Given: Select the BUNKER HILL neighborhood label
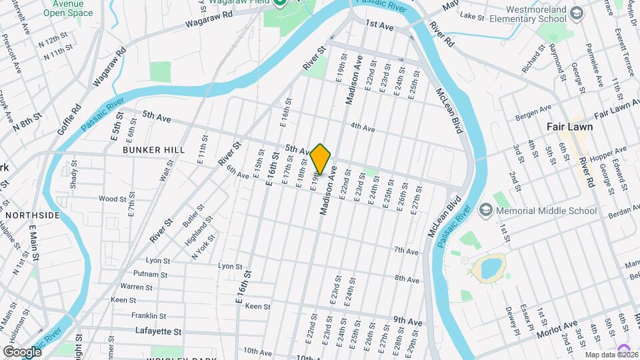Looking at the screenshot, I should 153,151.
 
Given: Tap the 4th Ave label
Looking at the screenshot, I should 363,127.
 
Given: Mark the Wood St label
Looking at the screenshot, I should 112,199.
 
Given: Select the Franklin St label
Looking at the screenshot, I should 148,315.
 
